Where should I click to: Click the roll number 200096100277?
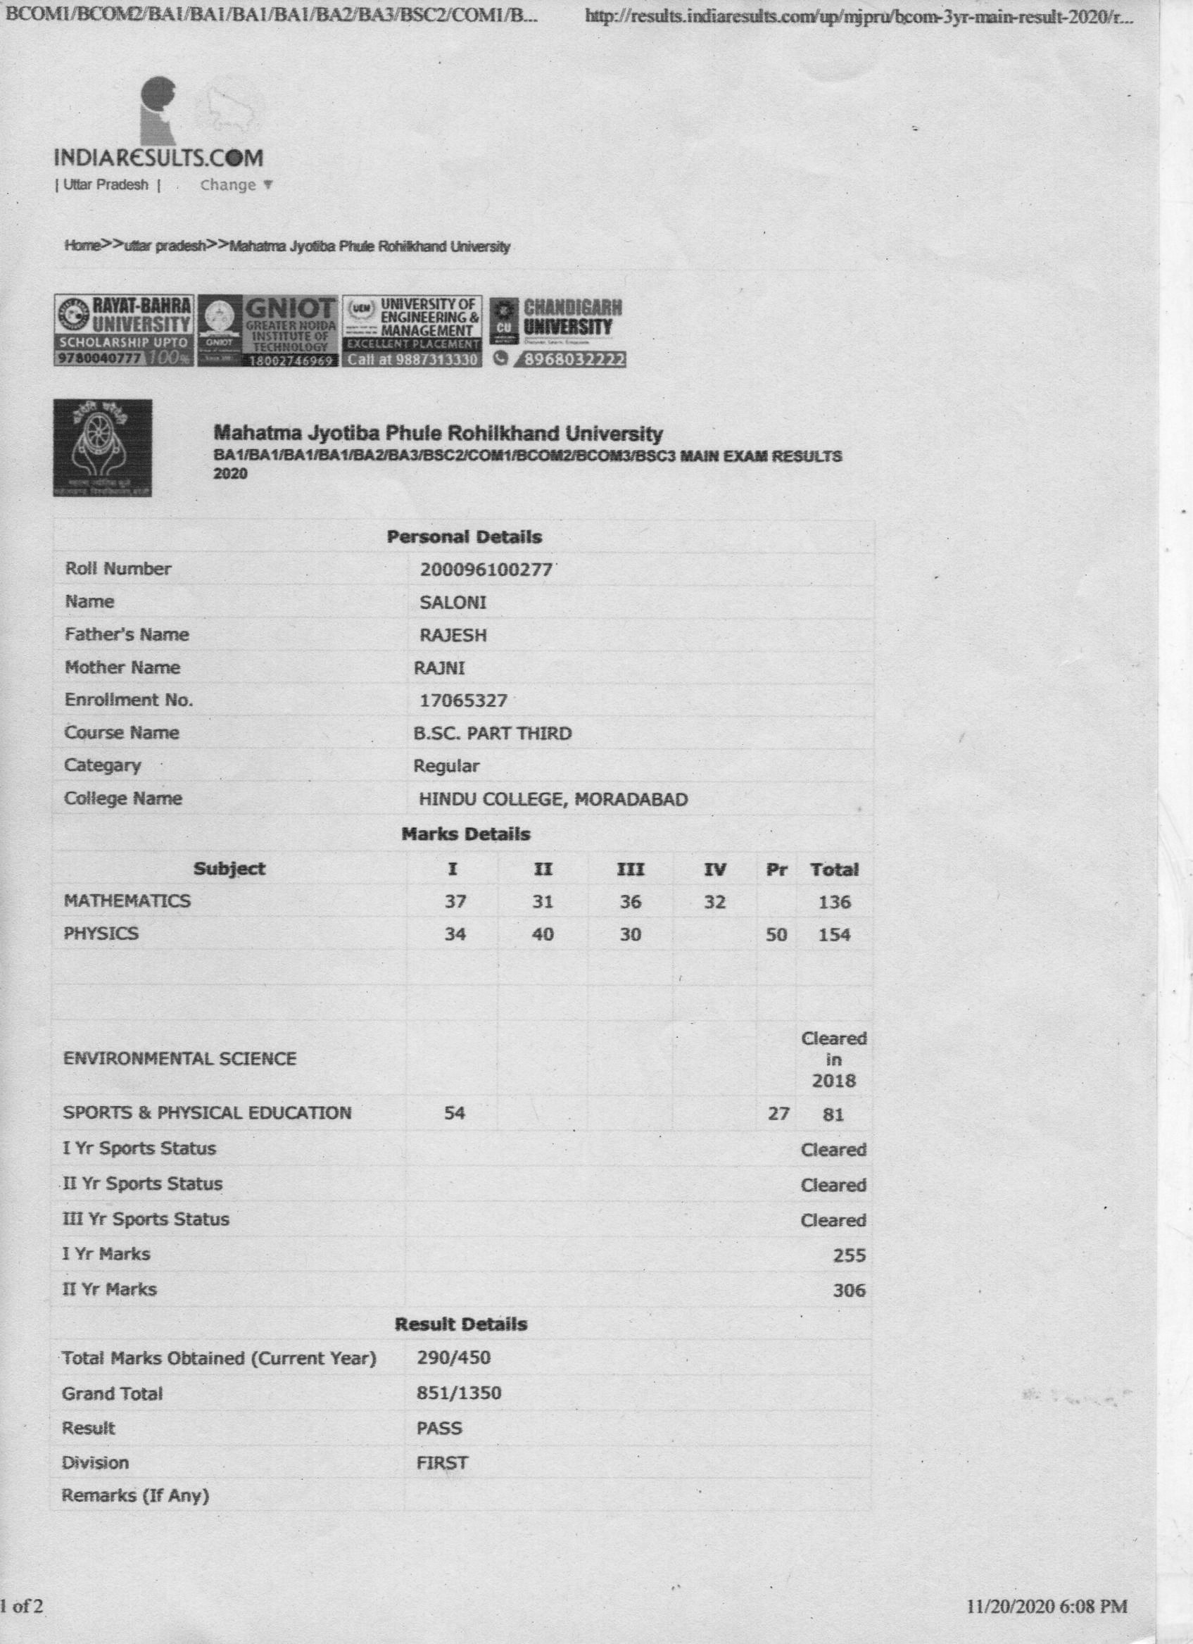(x=486, y=569)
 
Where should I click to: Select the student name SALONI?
(x=453, y=603)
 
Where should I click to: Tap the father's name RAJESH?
(x=453, y=635)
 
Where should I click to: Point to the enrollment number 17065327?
(x=463, y=701)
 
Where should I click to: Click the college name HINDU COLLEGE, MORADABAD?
(x=553, y=800)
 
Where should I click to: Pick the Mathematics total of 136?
(x=833, y=902)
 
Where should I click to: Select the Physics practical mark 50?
(x=776, y=934)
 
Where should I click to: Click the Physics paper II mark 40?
(x=542, y=934)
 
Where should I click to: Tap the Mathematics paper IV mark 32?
(x=714, y=902)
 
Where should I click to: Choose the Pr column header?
(x=776, y=869)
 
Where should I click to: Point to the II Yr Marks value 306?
(x=849, y=1291)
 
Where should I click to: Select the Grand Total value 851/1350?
(x=459, y=1393)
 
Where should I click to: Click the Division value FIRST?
(x=442, y=1463)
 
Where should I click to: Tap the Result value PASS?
(x=439, y=1428)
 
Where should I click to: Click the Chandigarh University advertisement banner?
(x=558, y=332)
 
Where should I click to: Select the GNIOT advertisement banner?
(x=268, y=332)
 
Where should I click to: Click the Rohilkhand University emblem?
(x=102, y=447)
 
